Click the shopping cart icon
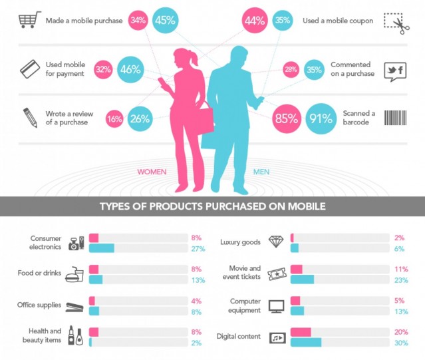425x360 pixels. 28,21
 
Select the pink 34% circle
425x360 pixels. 138,21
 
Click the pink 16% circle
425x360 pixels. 114,118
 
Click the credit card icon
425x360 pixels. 29,69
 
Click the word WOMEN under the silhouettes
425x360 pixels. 152,172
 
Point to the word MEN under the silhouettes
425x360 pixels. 261,172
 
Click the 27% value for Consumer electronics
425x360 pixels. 196,249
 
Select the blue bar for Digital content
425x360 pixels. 306,343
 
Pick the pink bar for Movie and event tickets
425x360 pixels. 297,269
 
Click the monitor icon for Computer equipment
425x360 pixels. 276,306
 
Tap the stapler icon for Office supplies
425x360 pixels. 72,306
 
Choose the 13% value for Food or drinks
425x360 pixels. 196,280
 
